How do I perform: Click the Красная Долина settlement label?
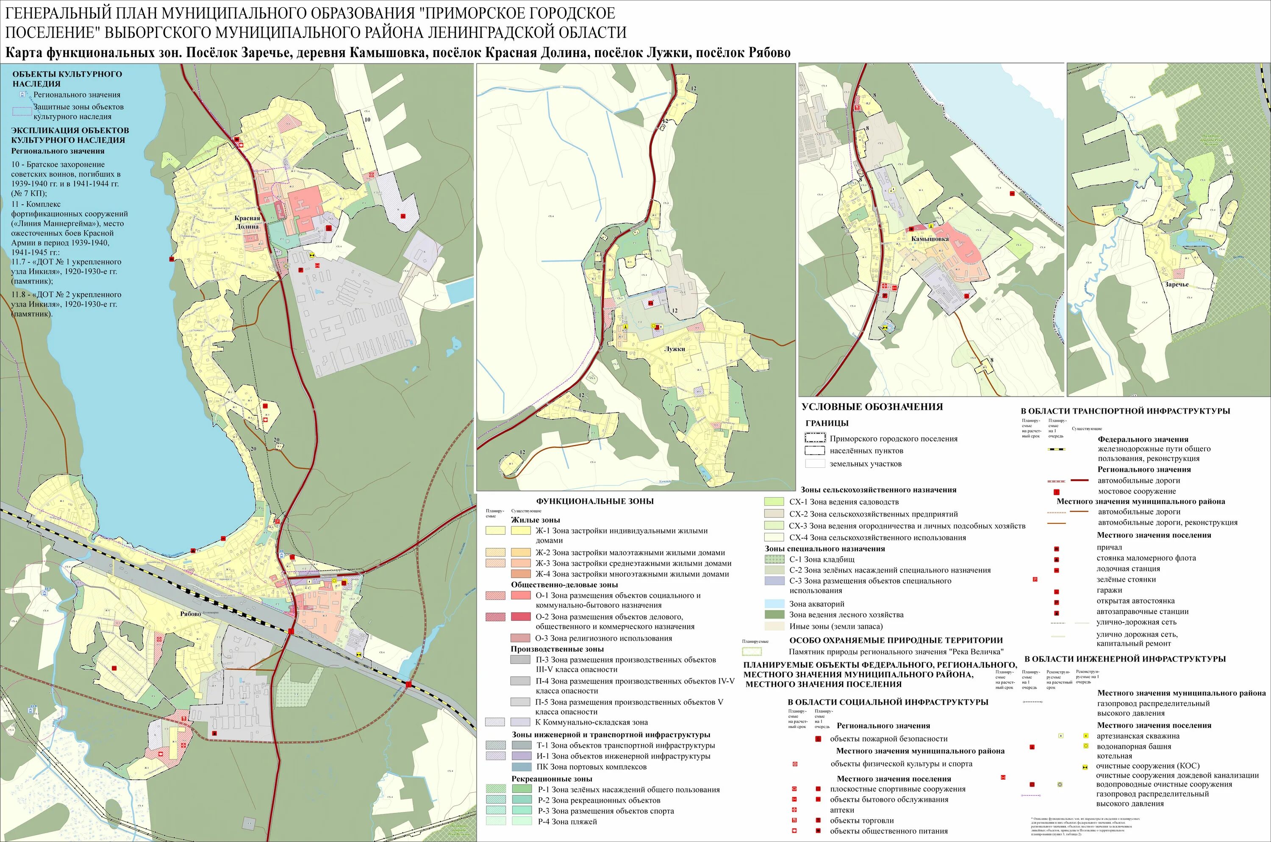click(247, 222)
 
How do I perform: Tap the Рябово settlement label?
click(191, 614)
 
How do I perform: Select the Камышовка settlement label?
click(930, 239)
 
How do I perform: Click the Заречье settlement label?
click(1177, 285)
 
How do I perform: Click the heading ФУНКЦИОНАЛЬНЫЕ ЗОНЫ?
click(595, 501)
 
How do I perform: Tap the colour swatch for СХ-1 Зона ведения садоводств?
click(774, 502)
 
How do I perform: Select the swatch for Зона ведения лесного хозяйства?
click(774, 615)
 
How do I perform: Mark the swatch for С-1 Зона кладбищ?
click(774, 559)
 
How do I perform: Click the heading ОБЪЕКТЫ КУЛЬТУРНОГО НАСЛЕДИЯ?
click(67, 79)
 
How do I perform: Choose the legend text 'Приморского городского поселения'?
click(893, 439)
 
